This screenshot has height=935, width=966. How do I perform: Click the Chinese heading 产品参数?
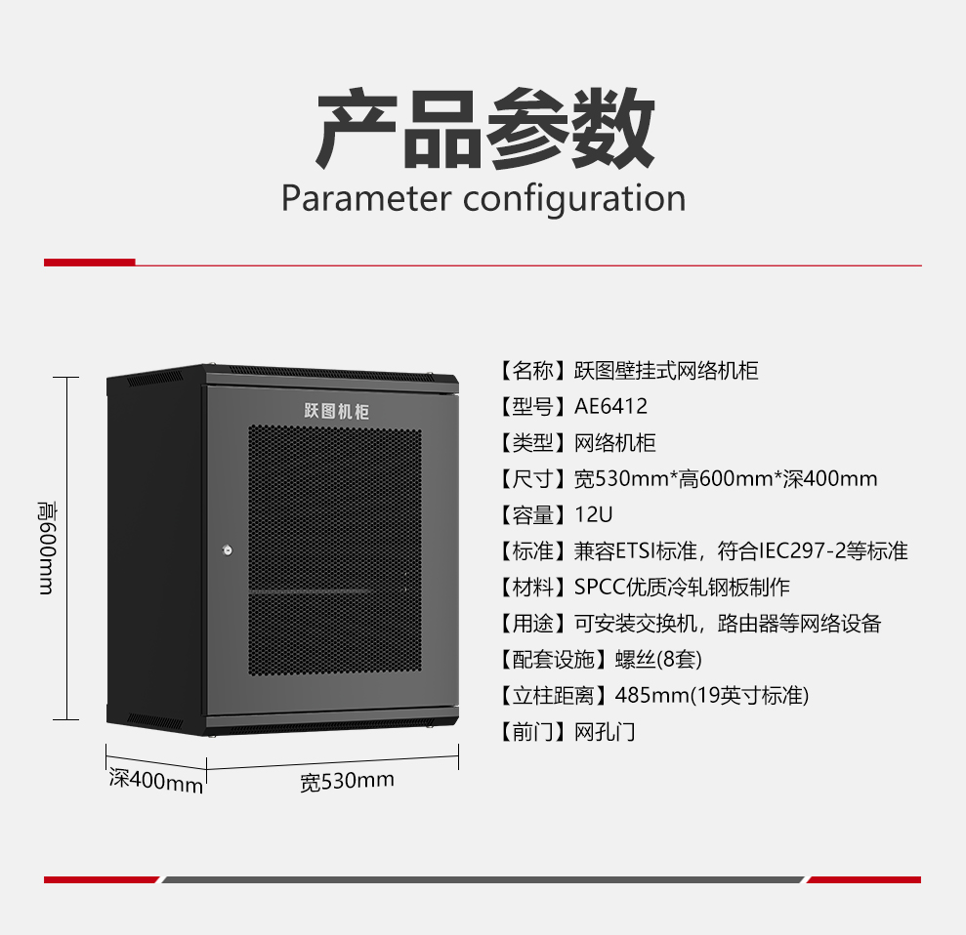484,128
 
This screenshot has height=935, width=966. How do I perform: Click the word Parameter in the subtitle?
366,199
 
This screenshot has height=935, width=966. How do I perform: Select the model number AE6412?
610,406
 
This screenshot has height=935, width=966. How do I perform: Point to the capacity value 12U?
593,514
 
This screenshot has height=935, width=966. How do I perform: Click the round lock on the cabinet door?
228,549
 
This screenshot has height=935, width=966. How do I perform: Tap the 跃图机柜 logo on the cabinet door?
336,411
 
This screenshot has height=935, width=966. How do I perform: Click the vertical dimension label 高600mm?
47,548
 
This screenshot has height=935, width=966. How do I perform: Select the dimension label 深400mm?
156,781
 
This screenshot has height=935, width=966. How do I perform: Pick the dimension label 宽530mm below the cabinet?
347,781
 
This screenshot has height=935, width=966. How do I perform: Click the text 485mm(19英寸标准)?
712,696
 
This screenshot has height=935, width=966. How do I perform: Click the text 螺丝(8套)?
658,659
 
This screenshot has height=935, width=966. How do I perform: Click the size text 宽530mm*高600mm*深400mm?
726,479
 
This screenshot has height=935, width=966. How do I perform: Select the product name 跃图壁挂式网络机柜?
666,371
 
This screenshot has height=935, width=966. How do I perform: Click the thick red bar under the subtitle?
89,263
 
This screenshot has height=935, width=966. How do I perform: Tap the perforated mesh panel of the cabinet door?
335,549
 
